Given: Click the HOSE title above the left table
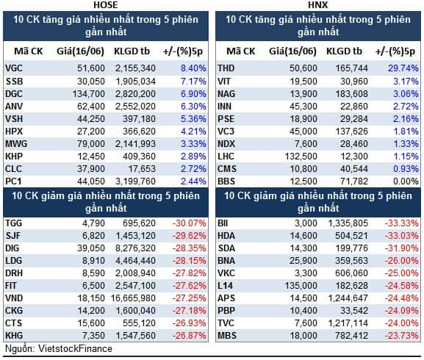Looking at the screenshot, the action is (106, 4).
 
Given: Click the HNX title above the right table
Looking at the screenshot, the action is (317, 4).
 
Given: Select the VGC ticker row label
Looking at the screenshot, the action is (14, 68).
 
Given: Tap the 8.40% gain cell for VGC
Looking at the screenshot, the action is (193, 68).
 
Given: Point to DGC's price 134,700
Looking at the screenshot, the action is (88, 94).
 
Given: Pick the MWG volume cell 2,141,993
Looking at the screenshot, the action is (135, 144).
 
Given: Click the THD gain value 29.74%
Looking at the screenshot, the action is (403, 68).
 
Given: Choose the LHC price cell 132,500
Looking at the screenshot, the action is (301, 156).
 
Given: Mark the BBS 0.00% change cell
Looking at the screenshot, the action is (406, 181).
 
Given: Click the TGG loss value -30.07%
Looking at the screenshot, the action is (190, 223).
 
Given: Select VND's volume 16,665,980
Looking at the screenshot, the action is (133, 298).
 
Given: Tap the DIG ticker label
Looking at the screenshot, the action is (12, 248).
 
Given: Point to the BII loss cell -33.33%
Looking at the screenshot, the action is (401, 223).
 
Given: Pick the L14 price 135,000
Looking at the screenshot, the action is (301, 285).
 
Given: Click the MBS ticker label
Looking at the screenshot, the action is (227, 336).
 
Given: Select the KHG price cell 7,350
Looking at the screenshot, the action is (93, 336).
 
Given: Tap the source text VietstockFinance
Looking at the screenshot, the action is (75, 349).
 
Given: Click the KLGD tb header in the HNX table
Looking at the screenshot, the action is (344, 51).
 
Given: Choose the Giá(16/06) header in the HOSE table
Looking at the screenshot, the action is (80, 51).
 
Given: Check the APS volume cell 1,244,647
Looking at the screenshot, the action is (348, 298).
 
